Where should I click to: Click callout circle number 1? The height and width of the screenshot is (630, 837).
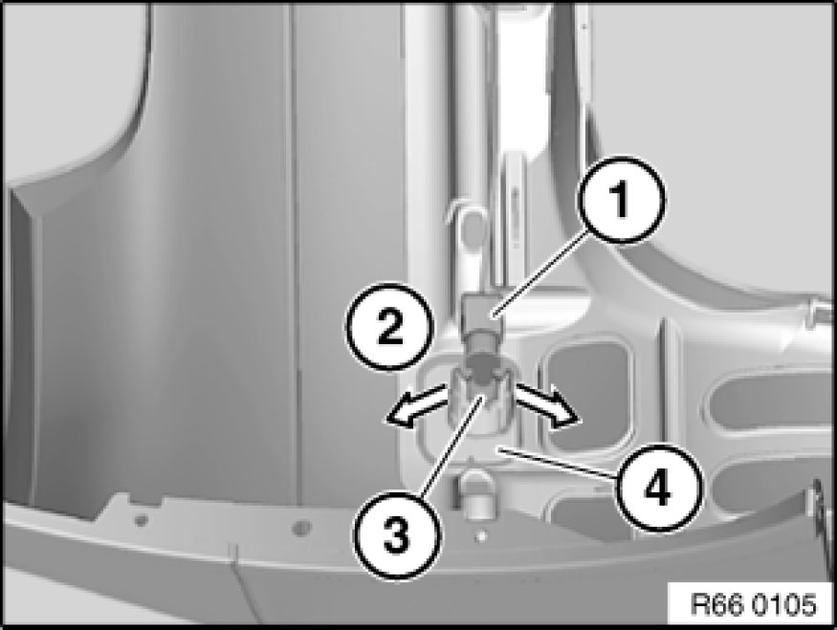(x=621, y=200)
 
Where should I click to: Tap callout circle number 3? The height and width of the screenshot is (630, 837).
(x=397, y=534)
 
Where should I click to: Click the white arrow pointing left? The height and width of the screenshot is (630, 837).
(x=414, y=405)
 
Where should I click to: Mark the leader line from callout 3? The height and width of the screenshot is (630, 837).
(x=453, y=445)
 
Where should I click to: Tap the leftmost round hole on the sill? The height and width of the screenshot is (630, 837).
(x=141, y=519)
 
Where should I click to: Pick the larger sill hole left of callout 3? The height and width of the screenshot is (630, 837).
(x=301, y=528)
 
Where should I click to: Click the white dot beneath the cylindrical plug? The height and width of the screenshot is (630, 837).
(x=481, y=536)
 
